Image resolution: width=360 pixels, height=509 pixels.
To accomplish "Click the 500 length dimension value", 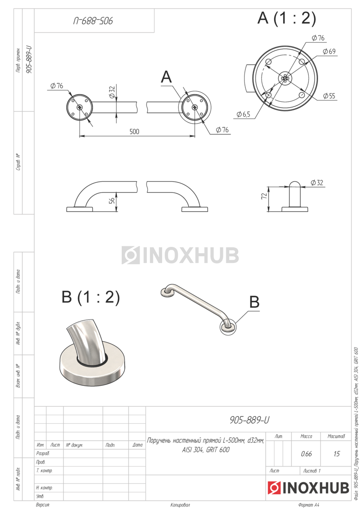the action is [x=134, y=131].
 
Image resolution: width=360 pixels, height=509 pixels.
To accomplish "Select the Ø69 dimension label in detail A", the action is [x=329, y=51].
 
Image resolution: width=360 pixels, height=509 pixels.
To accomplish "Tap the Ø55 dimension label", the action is [x=329, y=96].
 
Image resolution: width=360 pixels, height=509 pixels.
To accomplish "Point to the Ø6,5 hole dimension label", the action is [x=243, y=114].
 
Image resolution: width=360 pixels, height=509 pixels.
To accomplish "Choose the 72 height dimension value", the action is [x=264, y=196].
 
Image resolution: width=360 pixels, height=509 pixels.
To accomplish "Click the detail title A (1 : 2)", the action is [x=287, y=18].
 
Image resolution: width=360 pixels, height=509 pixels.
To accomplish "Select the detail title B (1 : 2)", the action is [x=91, y=297].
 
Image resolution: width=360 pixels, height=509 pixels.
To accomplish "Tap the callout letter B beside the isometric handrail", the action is [x=254, y=302].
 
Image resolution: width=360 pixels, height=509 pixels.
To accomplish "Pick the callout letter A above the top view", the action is [x=166, y=77].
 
